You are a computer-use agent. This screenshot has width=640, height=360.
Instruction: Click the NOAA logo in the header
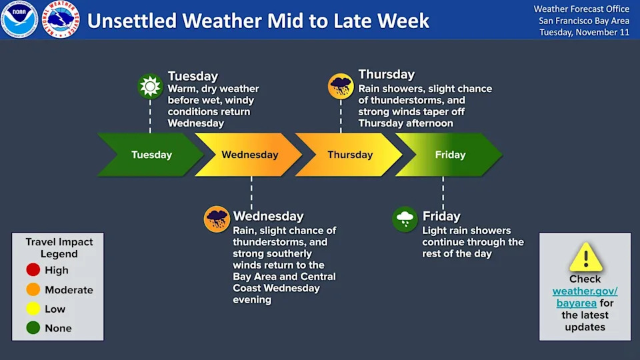click(x=19, y=19)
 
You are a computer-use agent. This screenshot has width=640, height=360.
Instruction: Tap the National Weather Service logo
click(x=61, y=19)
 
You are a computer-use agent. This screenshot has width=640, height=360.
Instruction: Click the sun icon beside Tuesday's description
click(x=150, y=86)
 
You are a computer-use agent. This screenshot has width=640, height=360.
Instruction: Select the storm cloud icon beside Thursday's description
click(x=341, y=86)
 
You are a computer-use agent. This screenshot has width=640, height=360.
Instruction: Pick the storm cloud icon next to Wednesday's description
click(x=217, y=219)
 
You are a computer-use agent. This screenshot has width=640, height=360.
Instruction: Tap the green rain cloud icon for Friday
click(x=405, y=219)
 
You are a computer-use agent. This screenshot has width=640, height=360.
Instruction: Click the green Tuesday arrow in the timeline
click(x=151, y=155)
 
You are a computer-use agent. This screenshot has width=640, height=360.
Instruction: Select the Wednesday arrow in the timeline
click(x=249, y=155)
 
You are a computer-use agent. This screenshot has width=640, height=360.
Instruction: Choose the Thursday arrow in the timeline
click(x=349, y=155)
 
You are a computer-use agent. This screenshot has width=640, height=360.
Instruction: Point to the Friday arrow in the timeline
click(x=449, y=155)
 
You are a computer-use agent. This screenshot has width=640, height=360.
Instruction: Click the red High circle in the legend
click(x=33, y=270)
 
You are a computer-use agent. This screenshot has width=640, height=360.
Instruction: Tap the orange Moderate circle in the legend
click(x=33, y=289)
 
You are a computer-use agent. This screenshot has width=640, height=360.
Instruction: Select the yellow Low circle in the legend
click(x=33, y=309)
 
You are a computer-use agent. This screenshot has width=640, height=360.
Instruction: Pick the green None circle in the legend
click(x=33, y=328)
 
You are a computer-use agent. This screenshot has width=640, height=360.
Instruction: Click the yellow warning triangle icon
click(x=586, y=257)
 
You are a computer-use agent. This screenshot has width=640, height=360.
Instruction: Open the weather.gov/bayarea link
click(x=585, y=297)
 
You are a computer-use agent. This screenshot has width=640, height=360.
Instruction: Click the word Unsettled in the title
click(x=132, y=21)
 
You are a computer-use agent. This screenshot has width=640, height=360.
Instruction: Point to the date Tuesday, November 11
click(x=585, y=32)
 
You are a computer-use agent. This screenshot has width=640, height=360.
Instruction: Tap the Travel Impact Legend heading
click(x=59, y=248)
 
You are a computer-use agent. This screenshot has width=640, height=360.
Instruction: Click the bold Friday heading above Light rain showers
click(x=441, y=216)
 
